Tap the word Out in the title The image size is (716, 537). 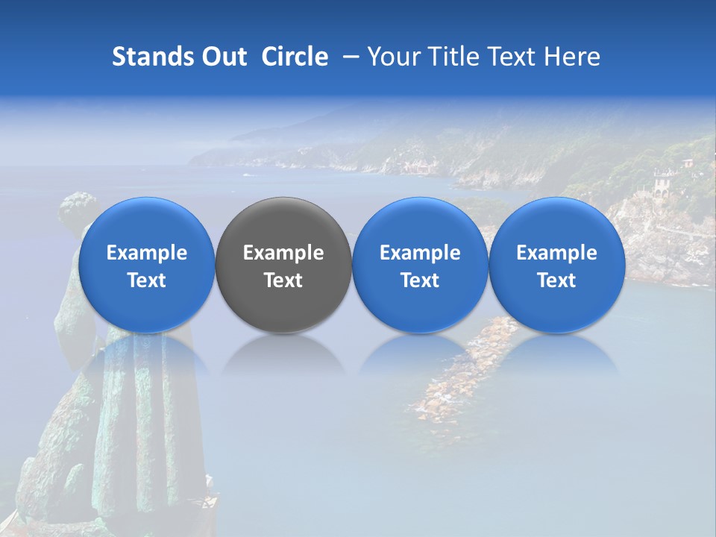tap(222, 57)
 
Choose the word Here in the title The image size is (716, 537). tap(574, 57)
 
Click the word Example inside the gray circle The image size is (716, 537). tap(283, 253)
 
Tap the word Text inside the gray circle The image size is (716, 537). tap(283, 280)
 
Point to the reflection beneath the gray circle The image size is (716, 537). tap(283, 354)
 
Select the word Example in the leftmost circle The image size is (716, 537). tap(146, 253)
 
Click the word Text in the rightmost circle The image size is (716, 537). tap(556, 280)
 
